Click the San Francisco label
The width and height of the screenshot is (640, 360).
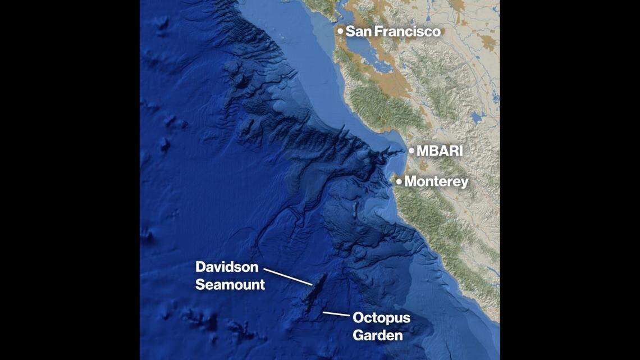click(392, 31)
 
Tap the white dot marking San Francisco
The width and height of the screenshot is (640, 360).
click(340, 31)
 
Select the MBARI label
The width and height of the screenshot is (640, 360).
click(440, 151)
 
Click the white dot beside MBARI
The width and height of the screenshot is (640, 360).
click(411, 151)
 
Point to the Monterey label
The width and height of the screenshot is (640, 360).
click(436, 181)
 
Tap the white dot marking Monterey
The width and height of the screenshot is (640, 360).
click(399, 181)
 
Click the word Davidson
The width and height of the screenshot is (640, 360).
click(227, 267)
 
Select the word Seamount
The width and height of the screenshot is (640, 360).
click(230, 285)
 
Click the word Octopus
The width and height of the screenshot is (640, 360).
click(381, 318)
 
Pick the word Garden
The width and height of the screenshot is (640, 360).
click(377, 336)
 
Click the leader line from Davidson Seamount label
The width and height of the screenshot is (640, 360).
click(287, 276)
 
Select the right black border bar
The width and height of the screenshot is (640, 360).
click(569, 180)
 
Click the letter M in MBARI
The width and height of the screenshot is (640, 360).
click(423, 151)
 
